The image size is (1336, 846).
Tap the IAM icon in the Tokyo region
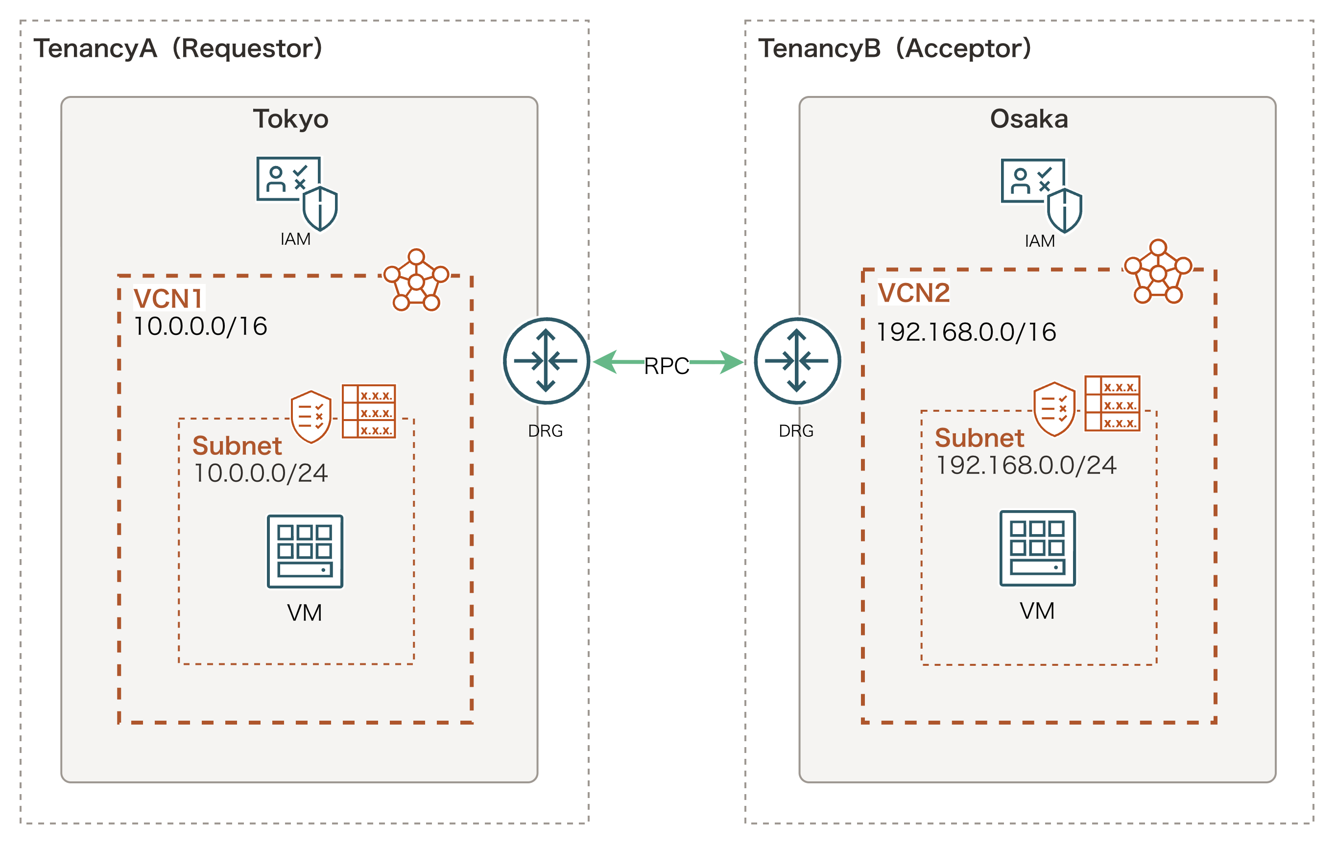point(296,193)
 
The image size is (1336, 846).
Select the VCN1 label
point(168,299)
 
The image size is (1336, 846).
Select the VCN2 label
point(914,293)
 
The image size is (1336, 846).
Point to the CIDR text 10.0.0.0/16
point(201,326)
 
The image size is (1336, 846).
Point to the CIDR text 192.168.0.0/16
point(966,332)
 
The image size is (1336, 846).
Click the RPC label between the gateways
point(667,367)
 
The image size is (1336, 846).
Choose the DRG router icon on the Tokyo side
point(547,361)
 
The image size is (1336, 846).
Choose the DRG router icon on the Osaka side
point(797,361)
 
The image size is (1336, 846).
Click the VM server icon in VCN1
point(305,551)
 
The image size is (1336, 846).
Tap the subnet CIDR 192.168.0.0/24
point(1026,466)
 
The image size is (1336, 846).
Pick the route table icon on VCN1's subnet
point(369,411)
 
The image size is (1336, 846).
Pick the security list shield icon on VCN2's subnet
point(1054,409)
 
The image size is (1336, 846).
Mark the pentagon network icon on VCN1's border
point(416,281)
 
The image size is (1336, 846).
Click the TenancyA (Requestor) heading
point(178,49)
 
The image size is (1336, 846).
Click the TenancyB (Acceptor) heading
point(894,49)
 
